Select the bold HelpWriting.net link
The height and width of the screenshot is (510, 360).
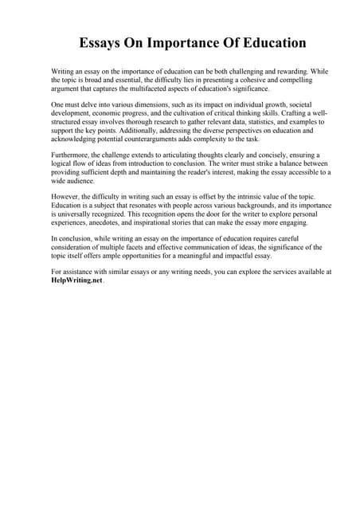click(71, 280)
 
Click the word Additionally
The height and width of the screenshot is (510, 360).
click(127, 131)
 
